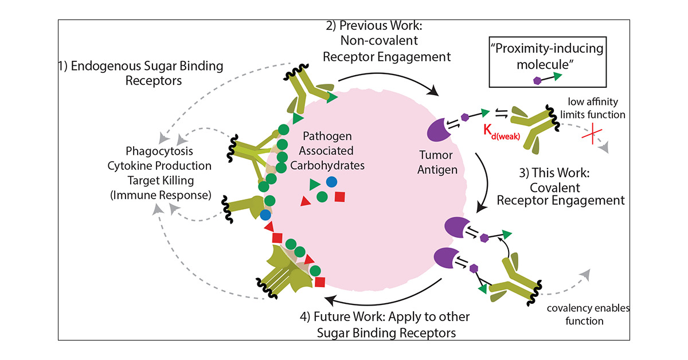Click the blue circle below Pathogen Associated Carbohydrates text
coord(331,181)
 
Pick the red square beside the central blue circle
coord(339,197)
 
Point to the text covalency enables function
coord(588,315)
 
